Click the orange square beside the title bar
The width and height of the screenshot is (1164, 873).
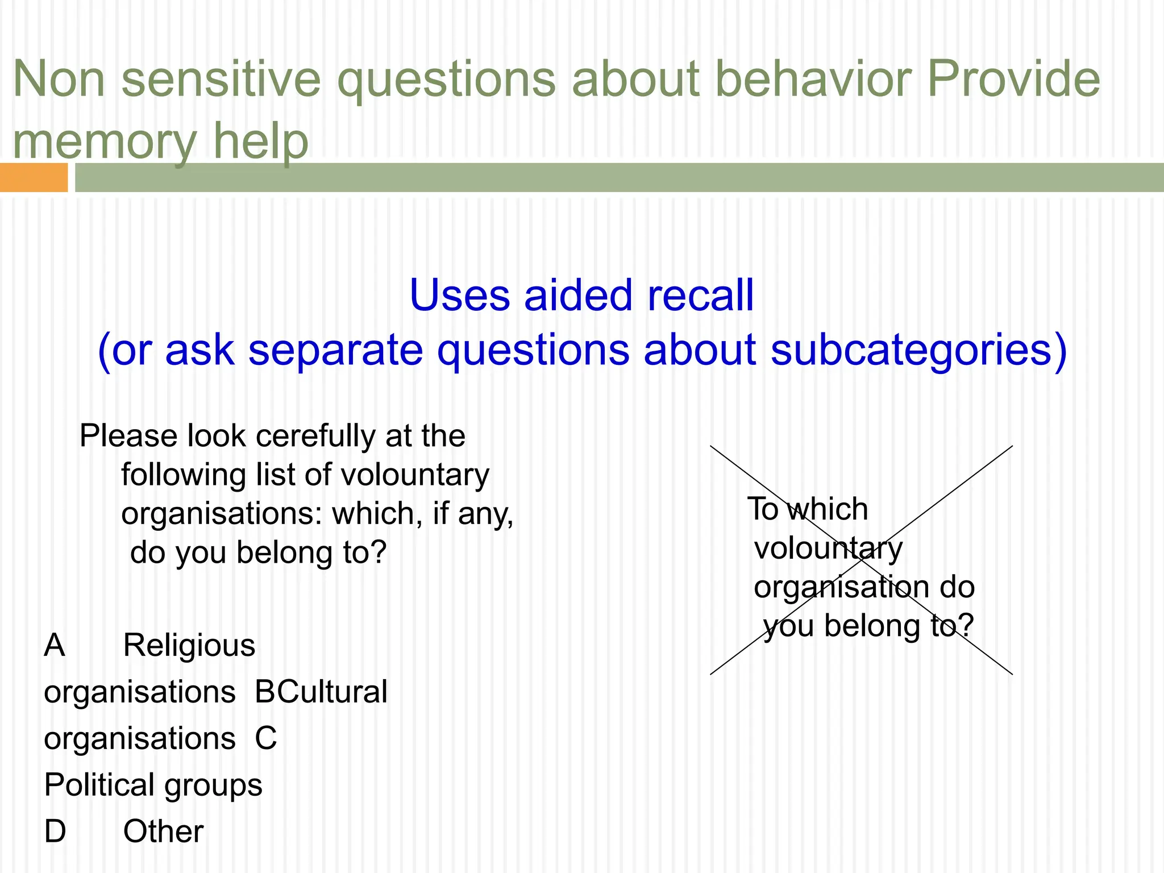[x=34, y=177]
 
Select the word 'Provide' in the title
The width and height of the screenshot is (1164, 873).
[x=1013, y=80]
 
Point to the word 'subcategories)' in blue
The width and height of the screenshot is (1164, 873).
[x=918, y=350]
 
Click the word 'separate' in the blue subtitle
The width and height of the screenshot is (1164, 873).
[x=335, y=350]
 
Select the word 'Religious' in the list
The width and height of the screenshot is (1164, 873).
[x=189, y=646]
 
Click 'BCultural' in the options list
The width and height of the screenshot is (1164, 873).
[x=321, y=692]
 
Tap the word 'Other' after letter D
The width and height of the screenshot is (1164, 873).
[x=163, y=832]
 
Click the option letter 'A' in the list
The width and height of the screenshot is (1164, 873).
[x=55, y=646]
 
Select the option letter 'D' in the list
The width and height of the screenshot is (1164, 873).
[x=55, y=832]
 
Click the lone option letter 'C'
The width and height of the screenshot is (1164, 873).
[x=265, y=739]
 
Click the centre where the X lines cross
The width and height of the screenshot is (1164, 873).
[x=862, y=560]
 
